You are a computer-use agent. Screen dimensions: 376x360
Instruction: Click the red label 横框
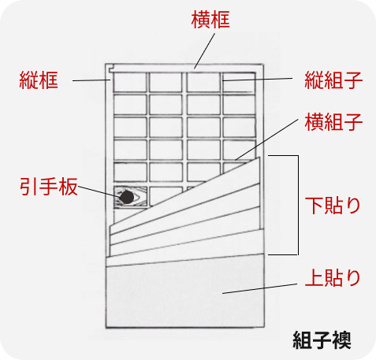tap(210, 20)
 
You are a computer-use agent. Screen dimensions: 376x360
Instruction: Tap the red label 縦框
tap(39, 80)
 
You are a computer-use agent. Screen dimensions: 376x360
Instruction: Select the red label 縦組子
tap(333, 80)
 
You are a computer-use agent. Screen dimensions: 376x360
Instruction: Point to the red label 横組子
tap(333, 122)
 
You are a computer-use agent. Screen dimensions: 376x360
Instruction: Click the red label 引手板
tap(49, 187)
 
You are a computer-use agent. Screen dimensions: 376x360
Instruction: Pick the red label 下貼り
tap(333, 206)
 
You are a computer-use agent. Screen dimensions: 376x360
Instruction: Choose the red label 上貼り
tap(333, 277)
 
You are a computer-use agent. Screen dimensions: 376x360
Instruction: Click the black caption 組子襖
tap(322, 340)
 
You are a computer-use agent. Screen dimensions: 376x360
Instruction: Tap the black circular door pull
tap(127, 197)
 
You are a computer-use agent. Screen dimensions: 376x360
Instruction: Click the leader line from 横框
tap(204, 51)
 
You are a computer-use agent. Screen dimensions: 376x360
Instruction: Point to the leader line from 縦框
tap(91, 80)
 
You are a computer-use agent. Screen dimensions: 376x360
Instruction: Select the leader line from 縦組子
tap(258, 80)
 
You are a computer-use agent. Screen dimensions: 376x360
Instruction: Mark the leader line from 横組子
tap(266, 139)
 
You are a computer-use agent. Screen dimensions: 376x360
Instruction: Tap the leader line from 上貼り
tap(259, 288)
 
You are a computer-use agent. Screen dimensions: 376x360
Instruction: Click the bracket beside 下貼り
tap(298, 205)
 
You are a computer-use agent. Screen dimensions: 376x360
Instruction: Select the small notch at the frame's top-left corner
tap(111, 69)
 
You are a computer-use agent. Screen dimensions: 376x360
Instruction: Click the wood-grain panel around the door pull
tap(130, 197)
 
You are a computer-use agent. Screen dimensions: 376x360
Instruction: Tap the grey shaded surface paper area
tap(184, 294)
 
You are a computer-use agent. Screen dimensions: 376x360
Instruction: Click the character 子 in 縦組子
tap(354, 80)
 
